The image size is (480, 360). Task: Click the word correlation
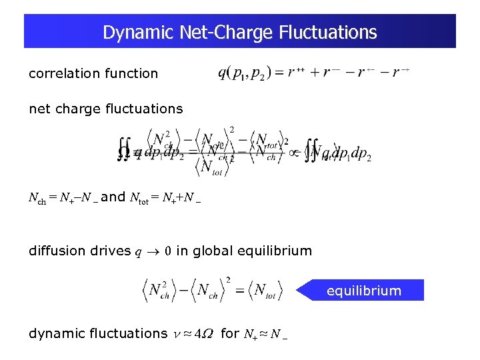coord(64,73)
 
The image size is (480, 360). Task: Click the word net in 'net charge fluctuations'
coord(39,108)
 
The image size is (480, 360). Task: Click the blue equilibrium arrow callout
coord(363,291)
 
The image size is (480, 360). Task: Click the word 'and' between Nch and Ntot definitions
coord(113,197)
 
